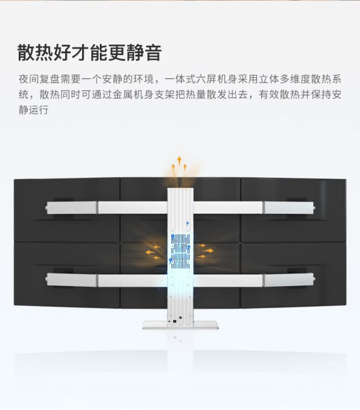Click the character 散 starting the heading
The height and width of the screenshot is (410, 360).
point(26,52)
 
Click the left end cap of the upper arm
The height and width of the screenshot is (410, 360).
point(48,208)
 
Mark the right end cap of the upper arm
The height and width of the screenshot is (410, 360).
point(312,208)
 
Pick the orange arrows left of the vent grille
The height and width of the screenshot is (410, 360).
point(153,251)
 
